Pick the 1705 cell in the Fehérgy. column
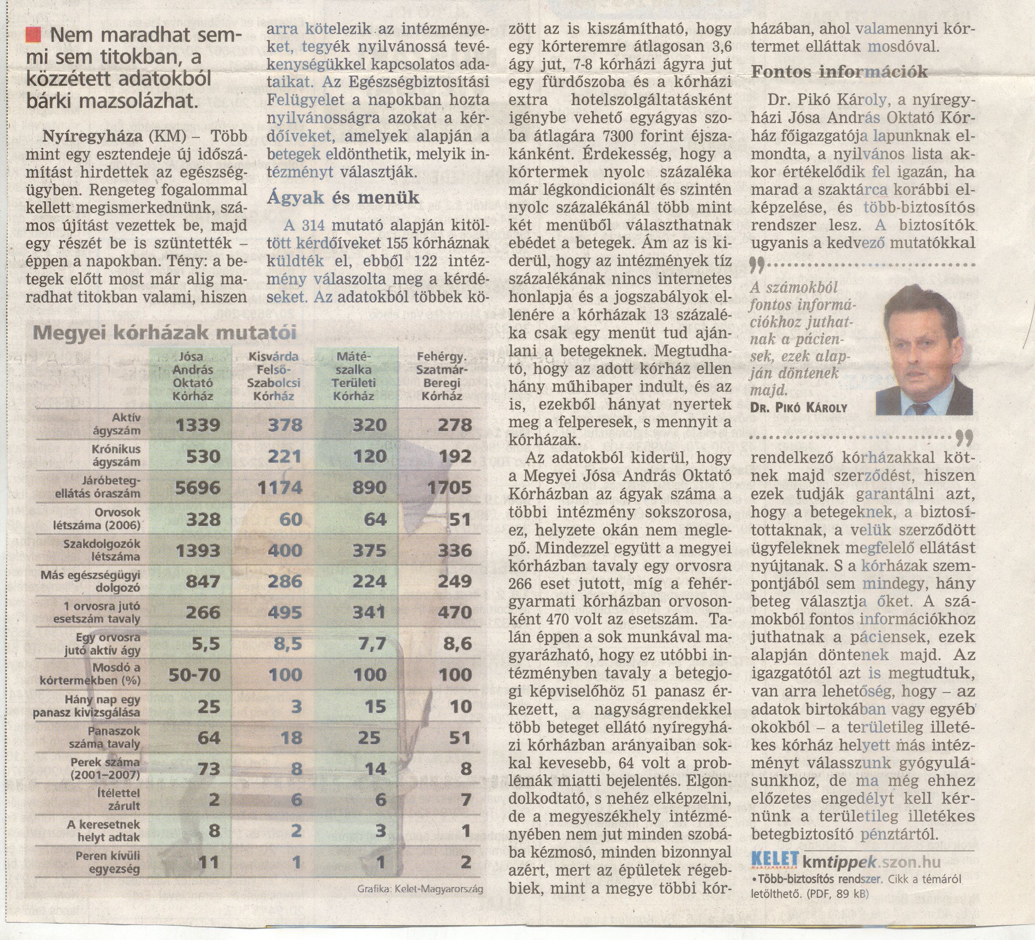point(449,487)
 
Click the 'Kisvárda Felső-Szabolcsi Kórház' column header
point(274,376)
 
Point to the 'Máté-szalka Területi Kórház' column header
point(354,376)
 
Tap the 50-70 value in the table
point(195,674)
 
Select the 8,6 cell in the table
point(457,643)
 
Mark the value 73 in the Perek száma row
point(209,768)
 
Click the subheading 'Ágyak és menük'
point(343,198)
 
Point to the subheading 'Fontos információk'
point(840,72)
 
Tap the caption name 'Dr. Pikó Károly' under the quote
point(798,408)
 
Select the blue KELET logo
point(775,859)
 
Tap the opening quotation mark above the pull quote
point(757,265)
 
